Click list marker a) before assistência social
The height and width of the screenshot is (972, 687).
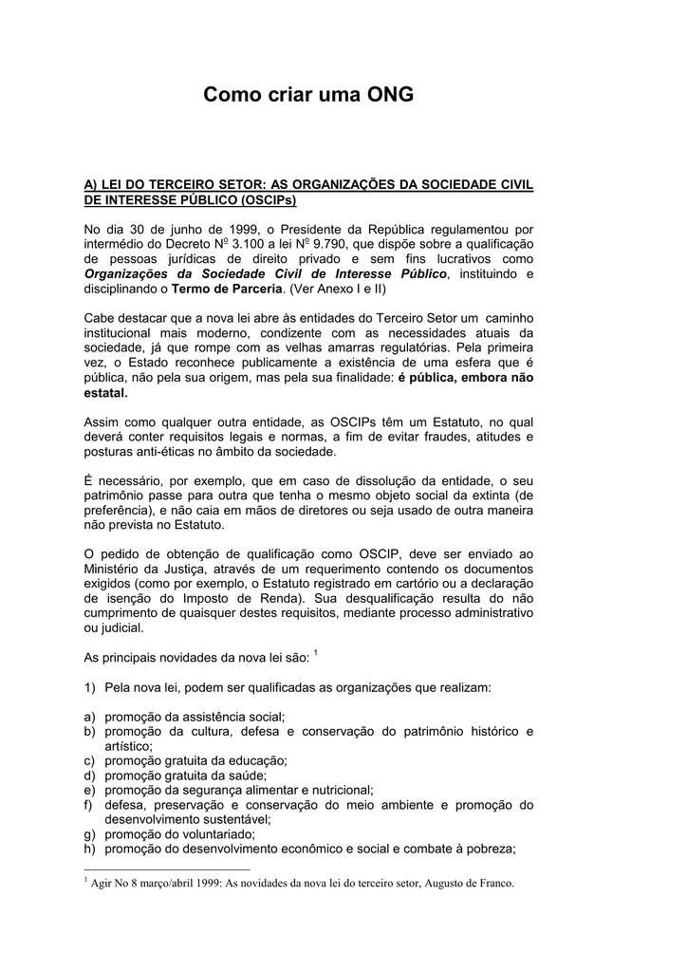point(91,717)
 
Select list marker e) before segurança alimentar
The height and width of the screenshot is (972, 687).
point(91,790)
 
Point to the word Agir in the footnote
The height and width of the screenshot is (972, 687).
point(102,883)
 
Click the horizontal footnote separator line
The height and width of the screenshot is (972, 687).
point(167,869)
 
